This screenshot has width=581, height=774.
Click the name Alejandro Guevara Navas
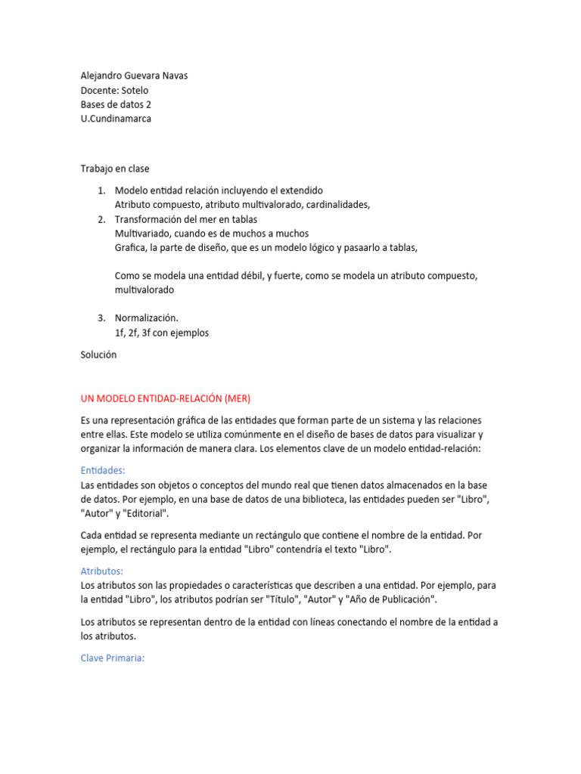134,76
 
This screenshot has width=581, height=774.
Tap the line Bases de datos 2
116,104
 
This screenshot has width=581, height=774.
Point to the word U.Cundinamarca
116,119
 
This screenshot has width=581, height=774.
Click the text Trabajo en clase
115,169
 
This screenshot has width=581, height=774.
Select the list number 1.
101,190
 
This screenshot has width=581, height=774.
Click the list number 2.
101,219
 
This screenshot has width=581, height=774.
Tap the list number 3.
101,318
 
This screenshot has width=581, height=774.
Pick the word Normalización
147,318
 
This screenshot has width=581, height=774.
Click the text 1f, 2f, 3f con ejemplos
161,333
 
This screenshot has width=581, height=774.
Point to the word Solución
98,354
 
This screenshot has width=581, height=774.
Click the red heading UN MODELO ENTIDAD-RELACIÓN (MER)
165,398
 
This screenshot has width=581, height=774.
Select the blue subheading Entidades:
103,470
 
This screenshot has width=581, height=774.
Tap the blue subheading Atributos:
101,571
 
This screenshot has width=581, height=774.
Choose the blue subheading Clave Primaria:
112,658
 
